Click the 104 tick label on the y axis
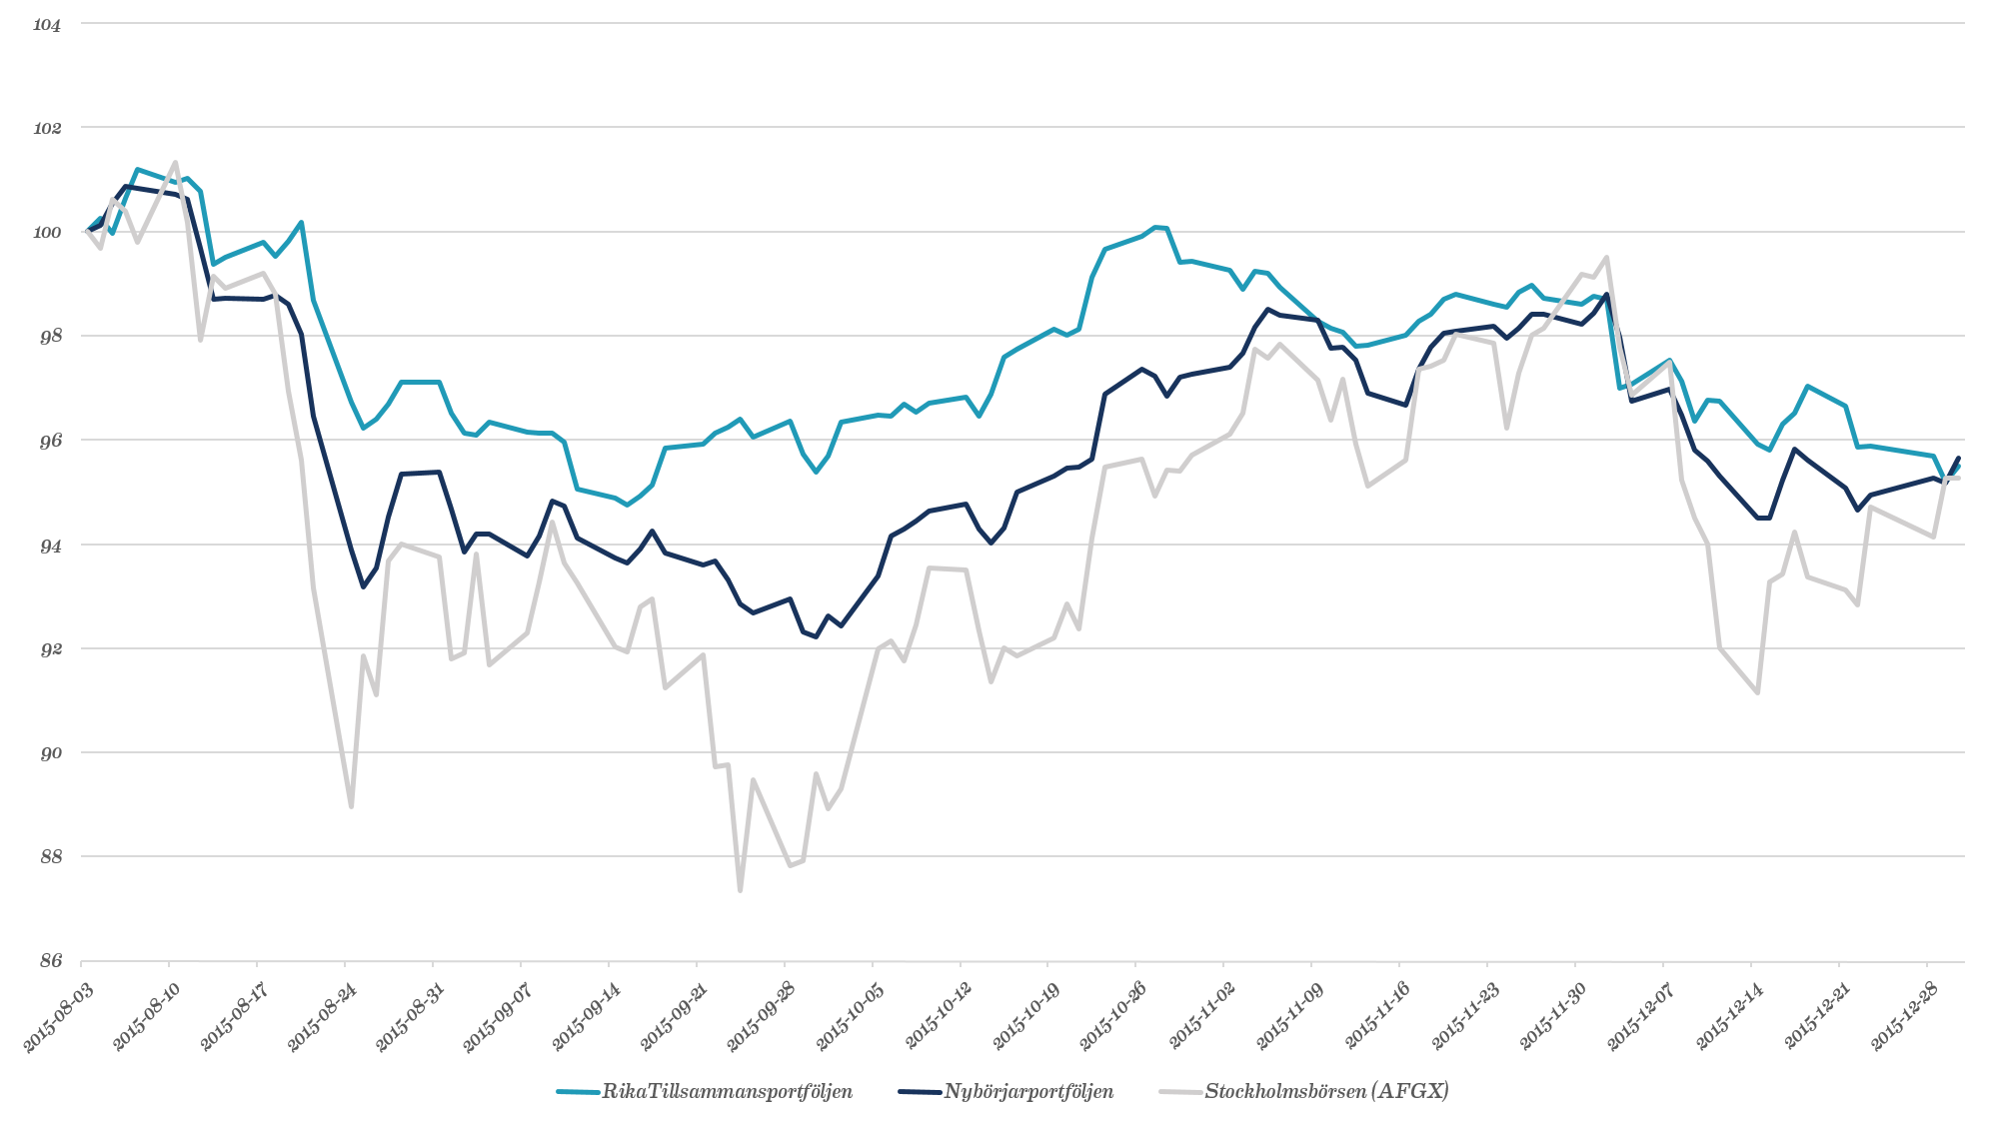pos(47,25)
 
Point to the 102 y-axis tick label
pos(47,129)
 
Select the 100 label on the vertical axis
pos(47,233)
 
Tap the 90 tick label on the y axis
pos(50,753)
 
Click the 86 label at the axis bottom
pos(50,961)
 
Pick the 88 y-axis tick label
pos(50,857)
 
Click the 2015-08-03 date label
pos(57,1015)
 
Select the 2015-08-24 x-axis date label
pos(320,1015)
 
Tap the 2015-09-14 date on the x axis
pos(585,1015)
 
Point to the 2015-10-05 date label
pos(848,1015)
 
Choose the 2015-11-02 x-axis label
pos(1199,1015)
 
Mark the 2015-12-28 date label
pos(1902,1015)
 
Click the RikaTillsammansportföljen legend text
pos(727,1091)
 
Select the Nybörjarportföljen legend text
pos(1027,1091)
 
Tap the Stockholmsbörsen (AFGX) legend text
pos(1326,1091)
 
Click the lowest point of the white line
pos(740,890)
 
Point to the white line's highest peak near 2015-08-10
pos(175,162)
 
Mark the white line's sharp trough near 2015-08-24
pos(351,806)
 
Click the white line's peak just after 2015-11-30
pos(1605,258)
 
